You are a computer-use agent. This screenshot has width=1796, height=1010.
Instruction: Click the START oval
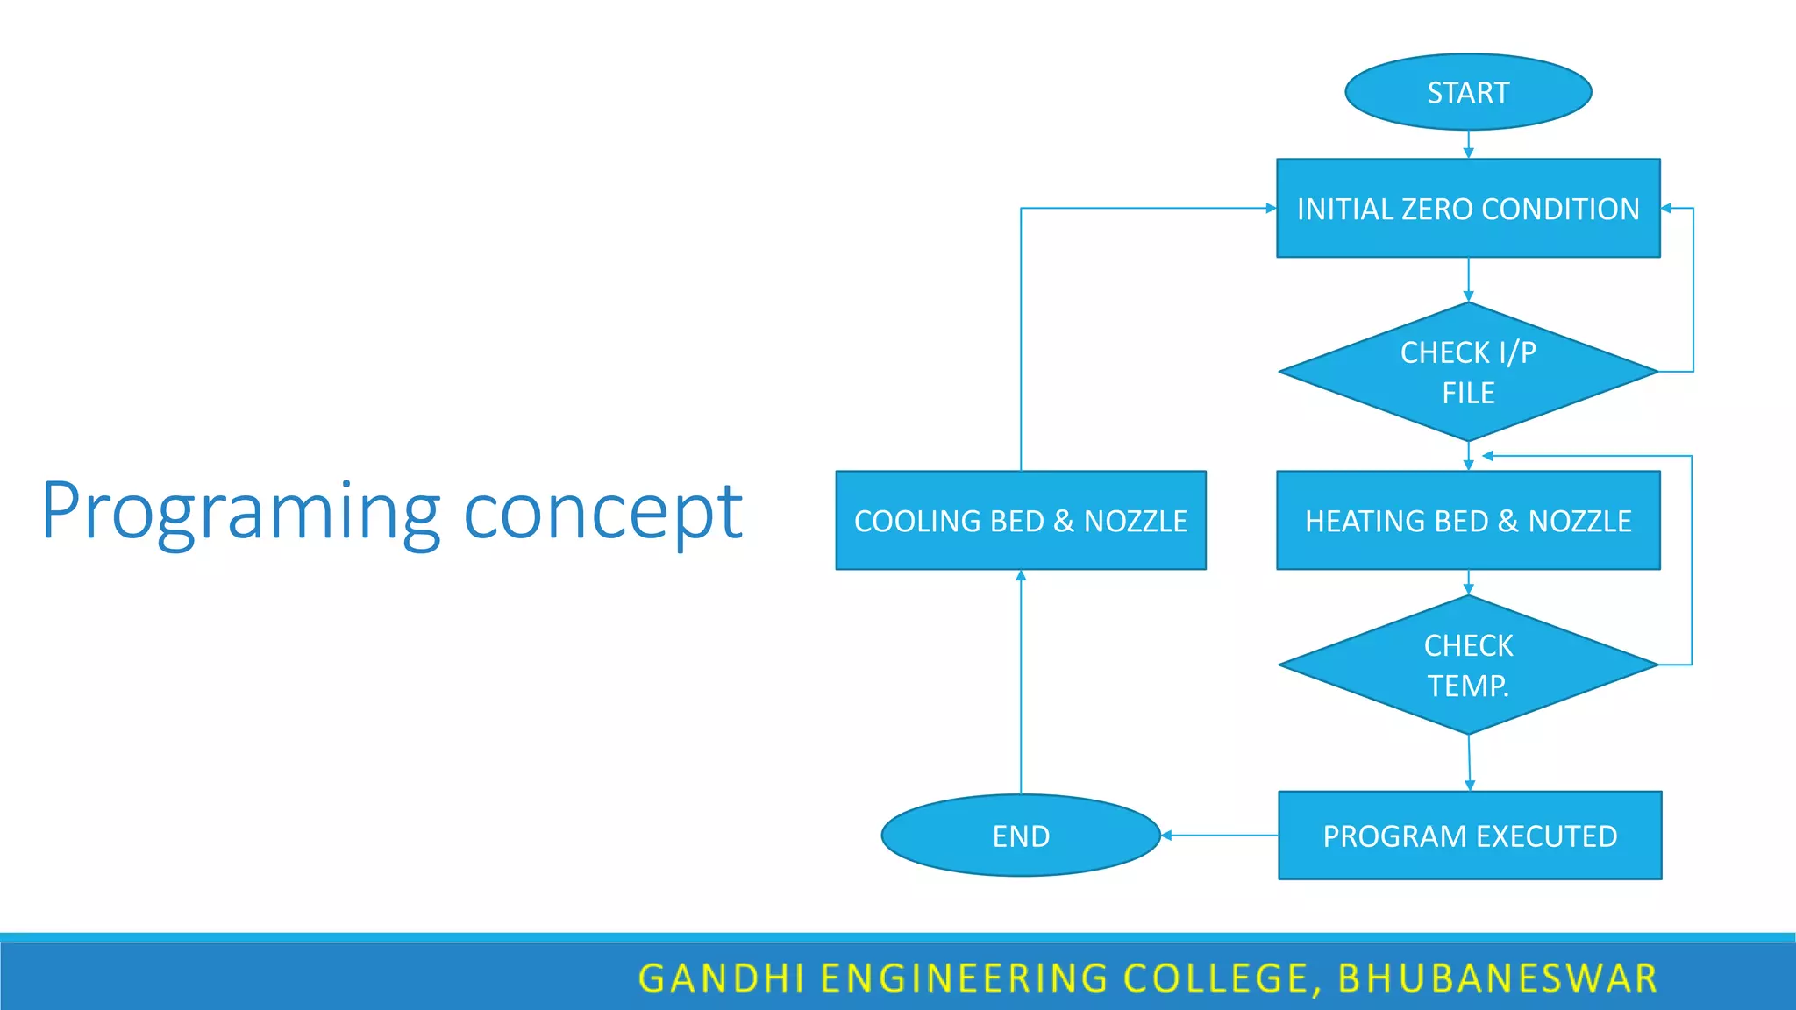pyautogui.click(x=1468, y=92)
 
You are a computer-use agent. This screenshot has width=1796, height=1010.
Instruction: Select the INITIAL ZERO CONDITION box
pyautogui.click(x=1468, y=209)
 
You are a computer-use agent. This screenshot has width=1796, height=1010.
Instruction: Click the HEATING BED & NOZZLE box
pyautogui.click(x=1468, y=521)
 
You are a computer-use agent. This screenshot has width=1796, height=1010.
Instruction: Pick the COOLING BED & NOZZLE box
pyautogui.click(x=1021, y=521)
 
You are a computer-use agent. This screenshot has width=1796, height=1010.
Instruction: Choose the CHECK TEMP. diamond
pyautogui.click(x=1468, y=665)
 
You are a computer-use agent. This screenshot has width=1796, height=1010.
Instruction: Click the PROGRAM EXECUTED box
pyautogui.click(x=1470, y=836)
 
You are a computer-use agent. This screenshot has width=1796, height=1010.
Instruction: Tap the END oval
pyautogui.click(x=1021, y=836)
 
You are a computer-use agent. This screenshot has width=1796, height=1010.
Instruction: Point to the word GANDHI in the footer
pyautogui.click(x=721, y=978)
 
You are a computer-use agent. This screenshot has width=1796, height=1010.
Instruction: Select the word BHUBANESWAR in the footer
pyautogui.click(x=1498, y=978)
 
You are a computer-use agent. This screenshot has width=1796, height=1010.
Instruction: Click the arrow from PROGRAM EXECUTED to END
pyautogui.click(x=1219, y=836)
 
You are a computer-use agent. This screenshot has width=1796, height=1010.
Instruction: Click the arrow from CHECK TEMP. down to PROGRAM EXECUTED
pyautogui.click(x=1470, y=763)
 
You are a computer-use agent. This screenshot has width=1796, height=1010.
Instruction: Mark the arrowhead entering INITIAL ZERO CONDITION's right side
pyautogui.click(x=1667, y=209)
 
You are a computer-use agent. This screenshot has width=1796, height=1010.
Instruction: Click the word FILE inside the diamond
pyautogui.click(x=1468, y=393)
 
